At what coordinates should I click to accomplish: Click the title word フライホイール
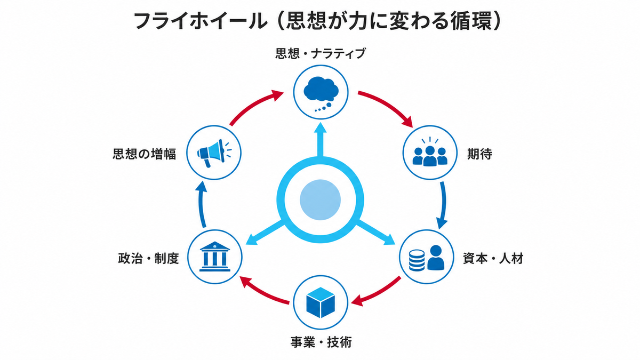(201, 21)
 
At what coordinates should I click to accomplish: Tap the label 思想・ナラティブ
(321, 53)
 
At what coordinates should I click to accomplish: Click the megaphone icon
(214, 153)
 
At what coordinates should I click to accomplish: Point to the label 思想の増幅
(145, 154)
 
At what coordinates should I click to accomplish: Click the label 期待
(479, 154)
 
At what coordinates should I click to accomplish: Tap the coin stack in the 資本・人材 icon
(417, 260)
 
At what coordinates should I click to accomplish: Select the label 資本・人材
(493, 259)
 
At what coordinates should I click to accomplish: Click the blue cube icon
(321, 302)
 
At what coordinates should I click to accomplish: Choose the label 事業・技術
(321, 342)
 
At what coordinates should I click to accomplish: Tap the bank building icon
(215, 257)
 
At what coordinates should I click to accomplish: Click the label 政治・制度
(148, 259)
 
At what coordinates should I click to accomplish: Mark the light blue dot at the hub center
(320, 199)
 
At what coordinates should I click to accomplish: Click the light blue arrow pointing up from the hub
(321, 140)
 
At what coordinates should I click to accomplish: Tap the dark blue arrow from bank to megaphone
(202, 204)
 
